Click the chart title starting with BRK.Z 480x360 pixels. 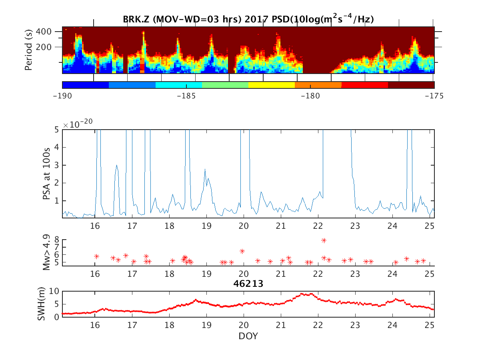pyautogui.click(x=248, y=19)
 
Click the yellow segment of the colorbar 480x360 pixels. pyautogui.click(x=272, y=85)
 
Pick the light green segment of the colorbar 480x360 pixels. pyautogui.click(x=225, y=85)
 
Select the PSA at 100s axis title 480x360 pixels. pyautogui.click(x=46, y=174)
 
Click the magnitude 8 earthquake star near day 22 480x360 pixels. pyautogui.click(x=324, y=240)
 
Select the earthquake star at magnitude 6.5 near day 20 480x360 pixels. pyautogui.click(x=242, y=251)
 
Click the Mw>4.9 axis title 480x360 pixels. pyautogui.click(x=46, y=252)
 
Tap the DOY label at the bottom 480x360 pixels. pyautogui.click(x=248, y=336)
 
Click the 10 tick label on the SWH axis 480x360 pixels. pyautogui.click(x=55, y=291)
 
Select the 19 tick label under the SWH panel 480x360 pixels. pyautogui.click(x=207, y=324)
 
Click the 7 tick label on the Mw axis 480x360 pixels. pyautogui.click(x=58, y=247)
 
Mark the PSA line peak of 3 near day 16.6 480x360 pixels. pyautogui.click(x=117, y=165)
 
